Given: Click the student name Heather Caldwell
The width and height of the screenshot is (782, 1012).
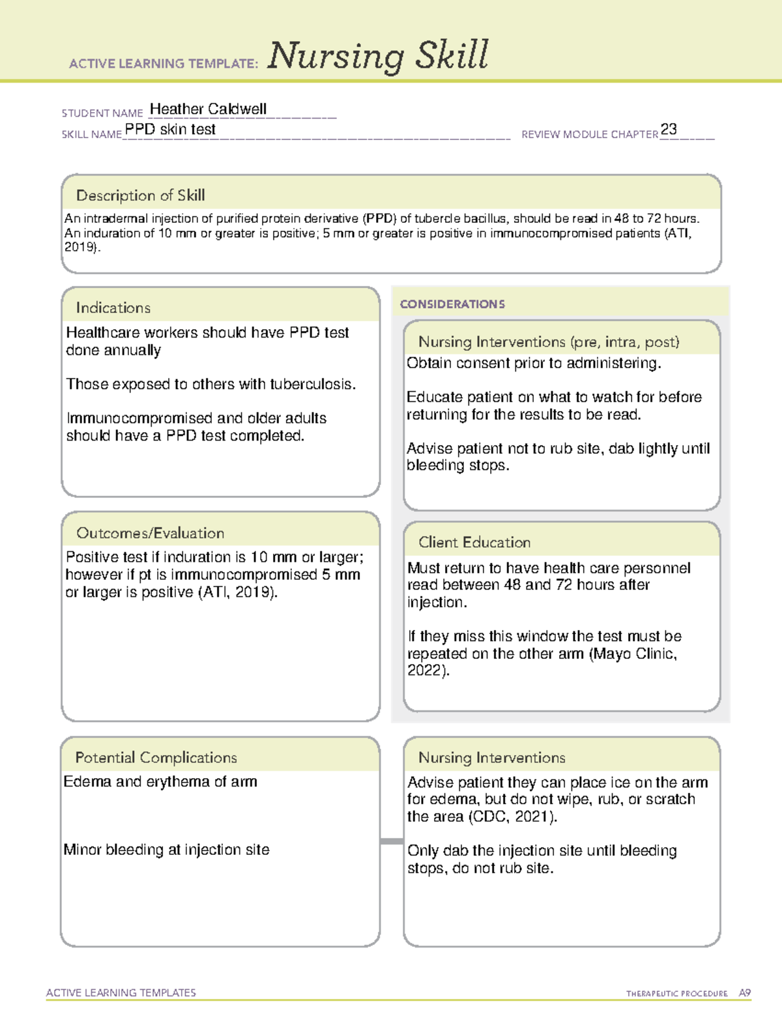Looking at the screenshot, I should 208,109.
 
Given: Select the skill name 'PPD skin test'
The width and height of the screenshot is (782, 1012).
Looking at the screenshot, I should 170,130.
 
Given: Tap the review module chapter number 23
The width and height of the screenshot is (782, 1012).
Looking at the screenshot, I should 669,129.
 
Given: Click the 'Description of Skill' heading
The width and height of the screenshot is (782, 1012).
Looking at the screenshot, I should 140,195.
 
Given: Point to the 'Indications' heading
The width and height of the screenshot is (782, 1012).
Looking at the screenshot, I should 113,308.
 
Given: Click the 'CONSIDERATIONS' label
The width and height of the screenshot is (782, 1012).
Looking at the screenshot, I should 452,304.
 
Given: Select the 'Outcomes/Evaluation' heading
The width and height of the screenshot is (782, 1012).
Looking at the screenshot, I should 150,533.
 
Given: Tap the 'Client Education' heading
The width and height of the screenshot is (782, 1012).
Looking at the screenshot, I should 474,542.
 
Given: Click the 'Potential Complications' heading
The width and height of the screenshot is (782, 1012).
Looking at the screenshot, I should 156,757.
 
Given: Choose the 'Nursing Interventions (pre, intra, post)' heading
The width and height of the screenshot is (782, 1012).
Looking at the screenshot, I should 549,342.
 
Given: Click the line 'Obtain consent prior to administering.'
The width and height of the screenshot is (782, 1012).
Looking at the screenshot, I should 534,364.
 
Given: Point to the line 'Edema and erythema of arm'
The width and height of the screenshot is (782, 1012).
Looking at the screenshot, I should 160,781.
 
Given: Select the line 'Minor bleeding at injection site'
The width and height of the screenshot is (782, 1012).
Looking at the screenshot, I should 166,850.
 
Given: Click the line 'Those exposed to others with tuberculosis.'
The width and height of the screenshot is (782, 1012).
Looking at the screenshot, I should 211,384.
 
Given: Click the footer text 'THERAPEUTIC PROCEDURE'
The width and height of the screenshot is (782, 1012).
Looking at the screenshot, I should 676,994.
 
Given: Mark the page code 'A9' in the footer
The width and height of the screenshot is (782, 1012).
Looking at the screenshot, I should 745,993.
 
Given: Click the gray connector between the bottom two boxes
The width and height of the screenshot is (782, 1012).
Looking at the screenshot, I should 392,841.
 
